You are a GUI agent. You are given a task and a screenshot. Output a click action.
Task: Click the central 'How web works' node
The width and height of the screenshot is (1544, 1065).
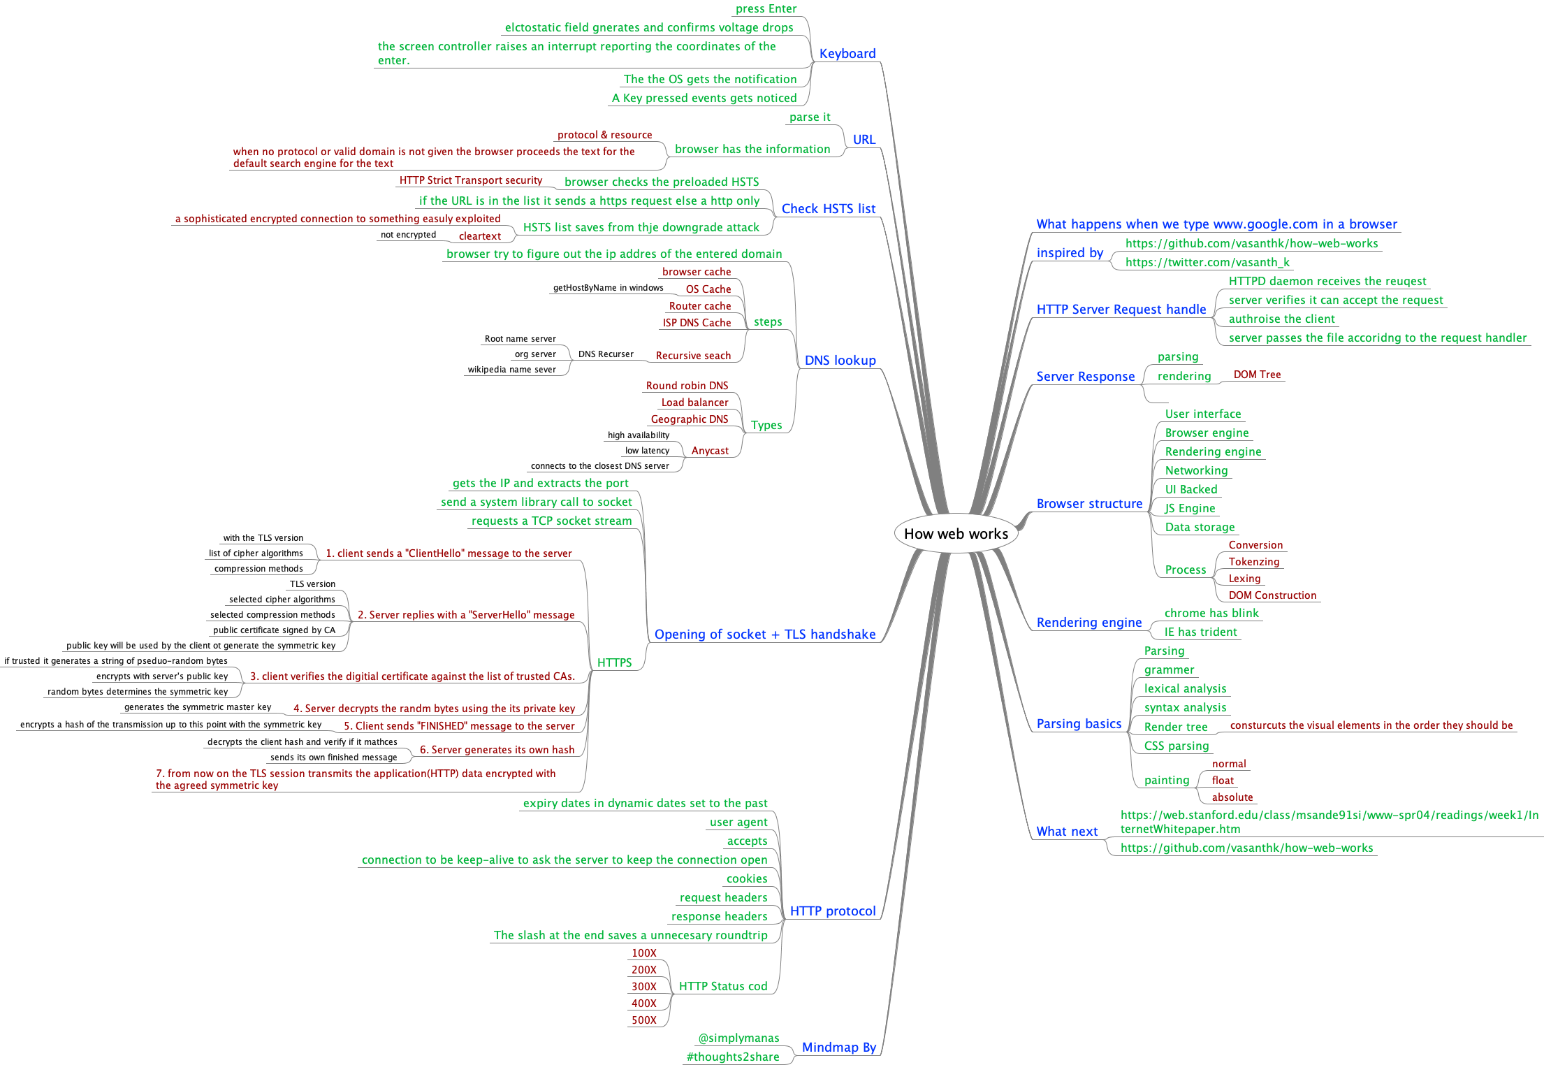(956, 534)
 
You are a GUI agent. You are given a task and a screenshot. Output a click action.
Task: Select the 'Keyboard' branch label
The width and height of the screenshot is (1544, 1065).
(847, 54)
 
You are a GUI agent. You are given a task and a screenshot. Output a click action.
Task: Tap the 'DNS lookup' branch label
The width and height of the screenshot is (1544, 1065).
(840, 361)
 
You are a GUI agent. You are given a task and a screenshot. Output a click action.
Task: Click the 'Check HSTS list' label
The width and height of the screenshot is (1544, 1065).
(828, 209)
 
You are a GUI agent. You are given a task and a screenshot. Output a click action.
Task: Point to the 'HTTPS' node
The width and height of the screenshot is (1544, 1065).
(614, 662)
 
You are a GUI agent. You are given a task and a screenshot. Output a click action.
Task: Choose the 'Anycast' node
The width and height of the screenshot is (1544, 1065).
(710, 451)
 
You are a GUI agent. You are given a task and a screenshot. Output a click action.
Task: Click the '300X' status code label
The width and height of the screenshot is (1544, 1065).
(643, 987)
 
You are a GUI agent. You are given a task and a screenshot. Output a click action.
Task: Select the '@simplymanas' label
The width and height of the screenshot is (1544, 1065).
(738, 1038)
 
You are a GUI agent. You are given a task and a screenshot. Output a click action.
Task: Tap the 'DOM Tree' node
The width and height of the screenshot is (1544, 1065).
(1257, 375)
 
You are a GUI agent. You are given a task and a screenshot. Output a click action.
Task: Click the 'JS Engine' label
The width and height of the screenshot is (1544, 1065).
(1190, 509)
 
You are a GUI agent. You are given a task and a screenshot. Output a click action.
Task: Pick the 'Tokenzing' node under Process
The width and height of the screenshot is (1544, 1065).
(1254, 562)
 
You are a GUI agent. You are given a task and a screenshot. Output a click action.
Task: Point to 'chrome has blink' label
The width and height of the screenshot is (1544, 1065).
(1211, 614)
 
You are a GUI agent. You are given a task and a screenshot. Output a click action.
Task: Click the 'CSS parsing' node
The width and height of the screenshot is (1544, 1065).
(1177, 746)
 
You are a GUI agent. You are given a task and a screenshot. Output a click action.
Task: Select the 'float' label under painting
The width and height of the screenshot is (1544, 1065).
(1223, 781)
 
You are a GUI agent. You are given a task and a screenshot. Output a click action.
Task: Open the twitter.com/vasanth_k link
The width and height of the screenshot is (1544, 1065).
(1207, 263)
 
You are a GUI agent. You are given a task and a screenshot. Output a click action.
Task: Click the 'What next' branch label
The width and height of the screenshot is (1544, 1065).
(1067, 832)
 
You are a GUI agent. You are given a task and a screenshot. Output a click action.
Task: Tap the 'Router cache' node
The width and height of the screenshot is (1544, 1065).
(700, 306)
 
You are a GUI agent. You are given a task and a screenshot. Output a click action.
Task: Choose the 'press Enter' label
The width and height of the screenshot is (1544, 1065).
(766, 9)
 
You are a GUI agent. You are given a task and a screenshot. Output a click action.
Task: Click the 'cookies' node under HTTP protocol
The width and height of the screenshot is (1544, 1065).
(747, 879)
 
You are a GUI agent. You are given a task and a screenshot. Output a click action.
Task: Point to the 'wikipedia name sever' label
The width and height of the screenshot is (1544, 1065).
(511, 370)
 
